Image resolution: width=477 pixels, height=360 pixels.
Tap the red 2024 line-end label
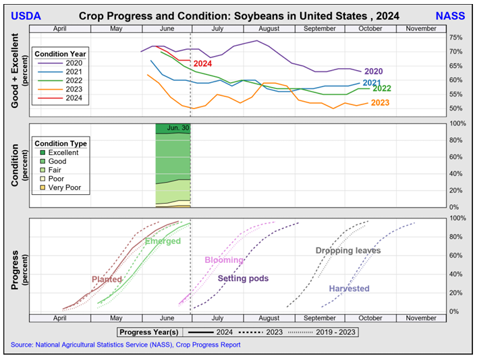203,64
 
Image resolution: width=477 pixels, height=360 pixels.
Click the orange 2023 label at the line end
381,102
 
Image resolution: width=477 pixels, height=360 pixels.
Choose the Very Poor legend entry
68,188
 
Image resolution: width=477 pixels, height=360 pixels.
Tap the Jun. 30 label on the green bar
178,127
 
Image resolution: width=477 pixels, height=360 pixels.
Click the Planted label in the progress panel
107,279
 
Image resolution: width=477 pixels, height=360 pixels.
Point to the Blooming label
224,260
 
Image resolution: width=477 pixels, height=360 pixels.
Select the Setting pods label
243,278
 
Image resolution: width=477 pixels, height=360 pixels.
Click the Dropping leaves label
348,251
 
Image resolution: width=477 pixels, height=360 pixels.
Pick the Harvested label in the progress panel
349,289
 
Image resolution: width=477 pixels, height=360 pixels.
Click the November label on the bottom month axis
421,318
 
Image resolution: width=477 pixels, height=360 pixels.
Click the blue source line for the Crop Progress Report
125,345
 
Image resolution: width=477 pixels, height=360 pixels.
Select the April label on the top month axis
59,29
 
